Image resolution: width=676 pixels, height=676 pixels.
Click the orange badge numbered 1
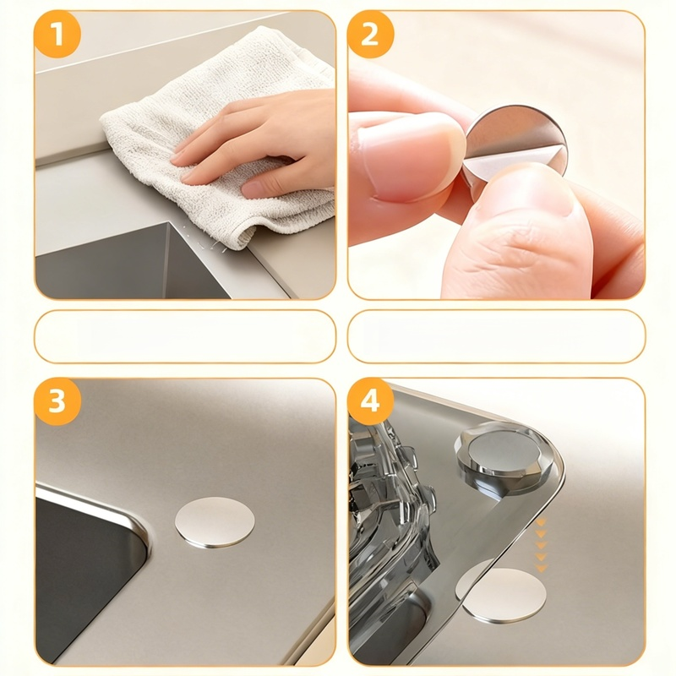(57, 34)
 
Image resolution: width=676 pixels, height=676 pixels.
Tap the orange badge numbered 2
(371, 34)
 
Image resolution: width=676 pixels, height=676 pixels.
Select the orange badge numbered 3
(57, 401)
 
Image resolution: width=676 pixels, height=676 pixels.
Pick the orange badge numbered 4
(371, 401)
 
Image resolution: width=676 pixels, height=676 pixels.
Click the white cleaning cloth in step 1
(215, 142)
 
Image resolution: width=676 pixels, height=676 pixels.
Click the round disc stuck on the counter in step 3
(215, 522)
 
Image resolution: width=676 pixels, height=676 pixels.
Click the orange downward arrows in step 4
(541, 545)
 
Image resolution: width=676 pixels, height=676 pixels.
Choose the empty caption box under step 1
(185, 336)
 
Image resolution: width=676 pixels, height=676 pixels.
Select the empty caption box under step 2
(496, 336)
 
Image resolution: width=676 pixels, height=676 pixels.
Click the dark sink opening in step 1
(129, 263)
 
